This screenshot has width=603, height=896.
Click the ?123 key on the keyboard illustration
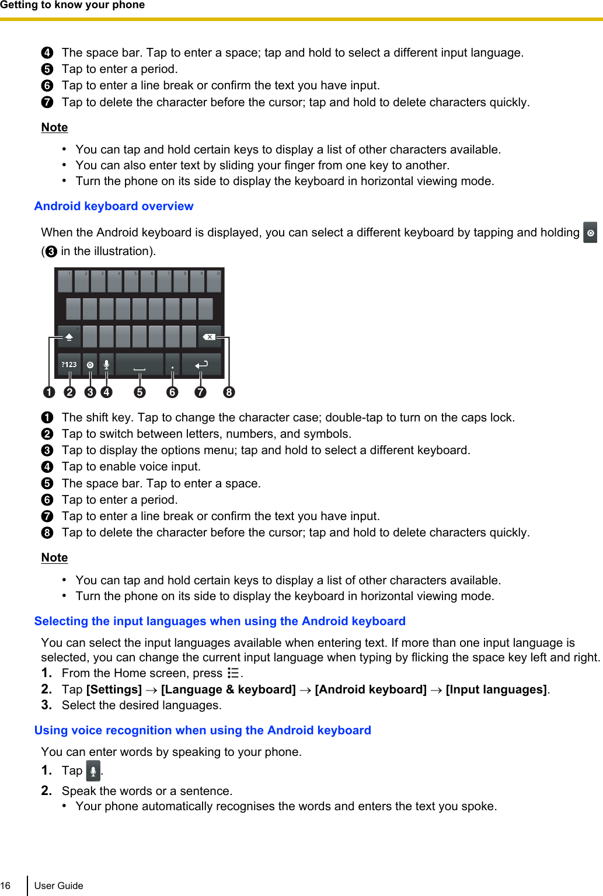point(69,364)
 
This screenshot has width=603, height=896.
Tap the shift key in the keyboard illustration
point(69,337)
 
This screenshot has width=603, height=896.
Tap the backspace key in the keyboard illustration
point(209,337)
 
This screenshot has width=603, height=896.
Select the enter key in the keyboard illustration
point(201,364)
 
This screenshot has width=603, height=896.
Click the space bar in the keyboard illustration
point(140,364)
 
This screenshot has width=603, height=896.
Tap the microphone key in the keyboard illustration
point(106,364)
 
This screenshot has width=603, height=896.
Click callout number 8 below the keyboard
point(229,392)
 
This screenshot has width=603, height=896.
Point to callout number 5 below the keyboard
point(140,392)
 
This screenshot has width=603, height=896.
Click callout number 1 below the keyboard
point(49,392)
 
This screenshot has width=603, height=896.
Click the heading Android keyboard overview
point(114,206)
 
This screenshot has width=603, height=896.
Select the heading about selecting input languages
point(219,621)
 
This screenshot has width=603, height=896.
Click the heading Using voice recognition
point(203,730)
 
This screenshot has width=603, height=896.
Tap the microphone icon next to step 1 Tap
point(93,771)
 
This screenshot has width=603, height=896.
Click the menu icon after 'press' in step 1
point(233,673)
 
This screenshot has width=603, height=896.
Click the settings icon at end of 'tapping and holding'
point(590,232)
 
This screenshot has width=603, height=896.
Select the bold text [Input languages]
point(496,689)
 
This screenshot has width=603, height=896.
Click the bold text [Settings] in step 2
point(114,689)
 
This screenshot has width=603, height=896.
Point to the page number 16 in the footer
point(6,885)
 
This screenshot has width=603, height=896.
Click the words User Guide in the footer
point(58,885)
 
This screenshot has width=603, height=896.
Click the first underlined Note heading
point(54,127)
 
